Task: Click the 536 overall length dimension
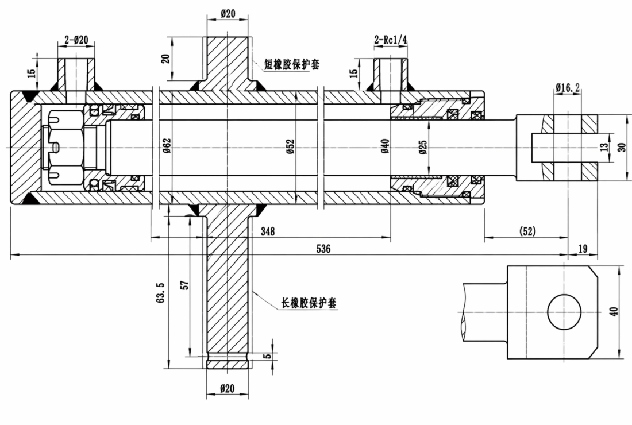[323, 249]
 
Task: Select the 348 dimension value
[268, 231]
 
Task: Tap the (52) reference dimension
[527, 231]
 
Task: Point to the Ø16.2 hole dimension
[568, 87]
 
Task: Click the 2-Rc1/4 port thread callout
[391, 40]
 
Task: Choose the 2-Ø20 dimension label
[76, 40]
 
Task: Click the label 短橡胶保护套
[292, 64]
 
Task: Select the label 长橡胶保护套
[309, 303]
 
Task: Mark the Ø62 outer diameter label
[167, 145]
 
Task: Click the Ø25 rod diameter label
[423, 148]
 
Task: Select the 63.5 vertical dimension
[161, 292]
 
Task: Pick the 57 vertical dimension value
[185, 285]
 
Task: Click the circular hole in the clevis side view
[564, 311]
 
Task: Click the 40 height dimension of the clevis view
[614, 311]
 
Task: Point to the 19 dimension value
[583, 249]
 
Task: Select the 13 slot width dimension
[603, 147]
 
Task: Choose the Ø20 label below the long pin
[228, 388]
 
